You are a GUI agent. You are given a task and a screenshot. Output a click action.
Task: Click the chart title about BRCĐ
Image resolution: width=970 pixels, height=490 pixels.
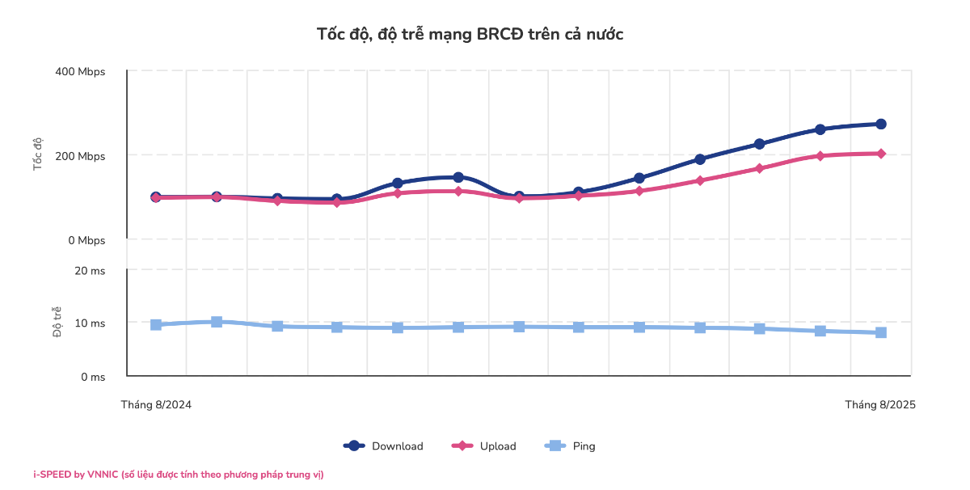[470, 34]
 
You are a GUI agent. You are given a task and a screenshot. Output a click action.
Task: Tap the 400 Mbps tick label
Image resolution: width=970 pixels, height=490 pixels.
[80, 72]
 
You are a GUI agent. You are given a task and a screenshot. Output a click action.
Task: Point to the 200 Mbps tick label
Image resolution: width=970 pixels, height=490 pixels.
[80, 156]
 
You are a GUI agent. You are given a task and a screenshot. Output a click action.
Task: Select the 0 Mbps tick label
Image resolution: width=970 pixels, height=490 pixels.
[85, 240]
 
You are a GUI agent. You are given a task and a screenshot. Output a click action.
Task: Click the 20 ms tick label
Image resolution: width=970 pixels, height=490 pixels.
[90, 271]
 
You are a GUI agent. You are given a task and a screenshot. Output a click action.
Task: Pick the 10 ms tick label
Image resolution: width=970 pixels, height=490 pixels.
[90, 323]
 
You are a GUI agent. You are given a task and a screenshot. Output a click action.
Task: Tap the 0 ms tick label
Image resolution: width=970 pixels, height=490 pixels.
[92, 377]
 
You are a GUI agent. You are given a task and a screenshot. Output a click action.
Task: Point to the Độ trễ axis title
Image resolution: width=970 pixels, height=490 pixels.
[57, 322]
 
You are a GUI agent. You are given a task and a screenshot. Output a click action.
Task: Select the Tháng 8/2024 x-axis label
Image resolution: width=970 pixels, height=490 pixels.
[156, 404]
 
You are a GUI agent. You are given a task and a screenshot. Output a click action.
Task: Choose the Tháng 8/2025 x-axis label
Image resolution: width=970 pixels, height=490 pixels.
[880, 404]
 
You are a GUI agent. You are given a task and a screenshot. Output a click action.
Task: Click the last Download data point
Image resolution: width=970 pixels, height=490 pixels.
[880, 124]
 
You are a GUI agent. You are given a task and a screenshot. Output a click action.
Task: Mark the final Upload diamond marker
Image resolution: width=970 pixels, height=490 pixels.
[880, 154]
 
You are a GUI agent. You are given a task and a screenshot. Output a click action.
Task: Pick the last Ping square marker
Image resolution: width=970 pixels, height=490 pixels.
[880, 332]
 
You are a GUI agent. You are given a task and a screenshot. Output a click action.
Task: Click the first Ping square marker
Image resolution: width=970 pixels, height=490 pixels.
[156, 324]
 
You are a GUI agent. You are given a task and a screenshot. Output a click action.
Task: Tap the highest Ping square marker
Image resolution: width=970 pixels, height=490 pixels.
[217, 322]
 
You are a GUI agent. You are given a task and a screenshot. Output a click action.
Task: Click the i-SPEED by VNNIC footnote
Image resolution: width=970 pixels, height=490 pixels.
[178, 475]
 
